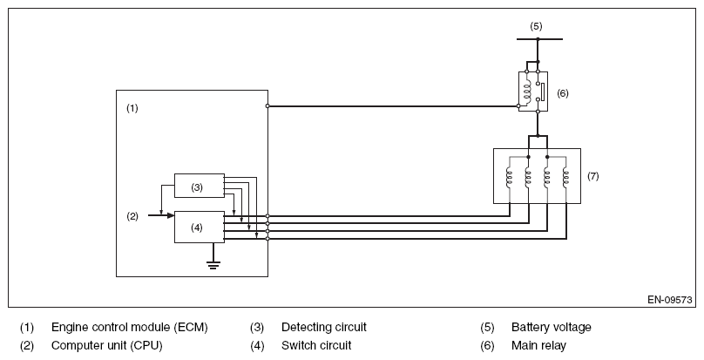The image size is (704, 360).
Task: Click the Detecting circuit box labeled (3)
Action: tap(200, 186)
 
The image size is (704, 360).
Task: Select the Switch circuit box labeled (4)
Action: tap(200, 227)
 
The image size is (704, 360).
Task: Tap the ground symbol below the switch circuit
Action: tap(213, 265)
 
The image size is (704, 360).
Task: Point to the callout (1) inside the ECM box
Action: tap(132, 108)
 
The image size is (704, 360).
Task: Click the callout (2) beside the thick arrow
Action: tap(132, 217)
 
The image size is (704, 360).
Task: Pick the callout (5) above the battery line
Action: tap(536, 26)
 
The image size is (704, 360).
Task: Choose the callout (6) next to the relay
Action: tap(563, 93)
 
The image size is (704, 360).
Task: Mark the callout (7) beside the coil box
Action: tap(593, 176)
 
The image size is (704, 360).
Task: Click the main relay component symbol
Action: tap(533, 92)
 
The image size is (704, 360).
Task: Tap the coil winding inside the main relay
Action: tap(527, 91)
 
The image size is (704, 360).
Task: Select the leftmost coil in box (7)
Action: tap(509, 178)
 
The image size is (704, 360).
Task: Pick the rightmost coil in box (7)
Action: tap(565, 178)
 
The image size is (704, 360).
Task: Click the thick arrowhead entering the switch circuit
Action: tap(171, 215)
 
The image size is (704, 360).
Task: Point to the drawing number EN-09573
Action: tap(670, 300)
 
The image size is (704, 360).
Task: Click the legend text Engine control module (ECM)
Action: tap(130, 327)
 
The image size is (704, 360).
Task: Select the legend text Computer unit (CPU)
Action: tap(107, 345)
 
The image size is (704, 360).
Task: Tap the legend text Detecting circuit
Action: tap(324, 327)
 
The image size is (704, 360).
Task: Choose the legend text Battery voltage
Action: tap(552, 327)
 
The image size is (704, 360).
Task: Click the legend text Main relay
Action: tap(538, 345)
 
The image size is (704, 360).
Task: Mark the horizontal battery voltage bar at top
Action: tap(539, 39)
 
